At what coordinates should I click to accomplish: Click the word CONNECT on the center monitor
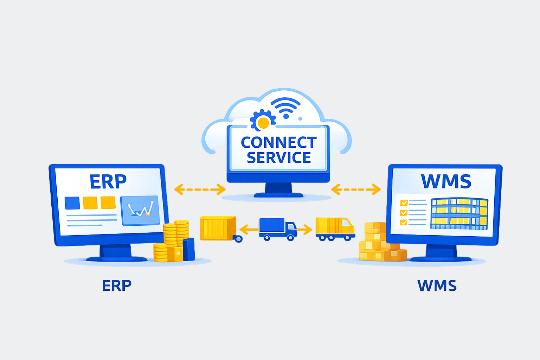pos(278,142)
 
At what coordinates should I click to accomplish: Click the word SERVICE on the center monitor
pos(278,158)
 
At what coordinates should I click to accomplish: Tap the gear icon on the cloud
pos(262,121)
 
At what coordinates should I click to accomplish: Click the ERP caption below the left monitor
pos(116,285)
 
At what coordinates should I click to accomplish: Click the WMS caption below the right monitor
pos(437,285)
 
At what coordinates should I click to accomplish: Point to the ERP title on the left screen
pos(108,181)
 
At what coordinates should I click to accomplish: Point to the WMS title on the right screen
pos(446,181)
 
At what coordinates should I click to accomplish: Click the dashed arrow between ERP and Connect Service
pos(200,189)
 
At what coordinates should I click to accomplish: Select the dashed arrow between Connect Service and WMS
pos(356,189)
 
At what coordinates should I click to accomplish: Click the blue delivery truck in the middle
pos(277,229)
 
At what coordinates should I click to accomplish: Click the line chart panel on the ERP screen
pos(140,210)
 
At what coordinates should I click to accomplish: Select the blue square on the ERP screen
pos(72,203)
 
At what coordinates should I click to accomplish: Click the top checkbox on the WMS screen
pos(404,203)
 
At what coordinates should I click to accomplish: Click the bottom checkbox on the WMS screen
pos(404,222)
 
